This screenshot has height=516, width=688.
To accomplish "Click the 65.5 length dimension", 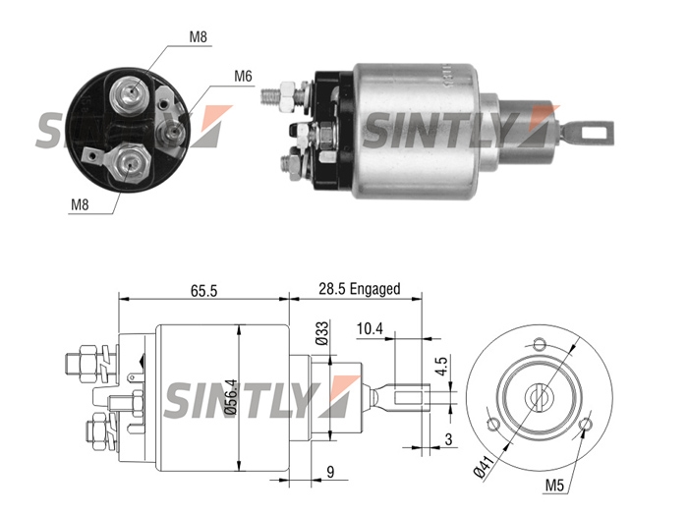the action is [204, 291].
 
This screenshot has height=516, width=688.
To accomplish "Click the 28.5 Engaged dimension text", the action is [360, 289].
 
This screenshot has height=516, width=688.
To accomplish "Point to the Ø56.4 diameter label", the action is [230, 397].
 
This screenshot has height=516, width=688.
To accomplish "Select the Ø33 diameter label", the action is [322, 333].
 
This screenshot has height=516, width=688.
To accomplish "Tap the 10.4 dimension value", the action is [370, 328].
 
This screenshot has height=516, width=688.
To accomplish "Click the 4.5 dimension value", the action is [442, 366].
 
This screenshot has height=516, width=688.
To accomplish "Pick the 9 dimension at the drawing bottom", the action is [330, 472].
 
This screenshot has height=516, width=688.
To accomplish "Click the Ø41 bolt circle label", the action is [485, 466].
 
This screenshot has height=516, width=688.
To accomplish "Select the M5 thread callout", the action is [554, 485].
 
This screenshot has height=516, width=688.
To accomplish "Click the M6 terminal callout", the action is [243, 76].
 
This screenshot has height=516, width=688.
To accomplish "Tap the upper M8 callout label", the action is [198, 36].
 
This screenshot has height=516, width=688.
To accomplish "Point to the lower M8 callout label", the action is [80, 204].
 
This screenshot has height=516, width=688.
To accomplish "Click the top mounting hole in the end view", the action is [540, 343].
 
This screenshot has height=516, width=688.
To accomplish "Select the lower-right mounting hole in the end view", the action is [586, 425].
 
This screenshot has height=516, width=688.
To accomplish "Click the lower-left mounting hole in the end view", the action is [493, 425].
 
